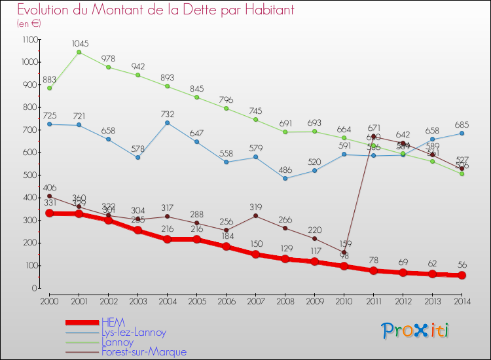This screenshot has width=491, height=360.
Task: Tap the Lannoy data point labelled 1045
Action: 79,52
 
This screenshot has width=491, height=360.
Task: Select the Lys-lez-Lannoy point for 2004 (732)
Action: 167,122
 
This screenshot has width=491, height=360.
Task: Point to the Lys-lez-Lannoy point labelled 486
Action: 285,178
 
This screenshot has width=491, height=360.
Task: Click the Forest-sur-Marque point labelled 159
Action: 344,252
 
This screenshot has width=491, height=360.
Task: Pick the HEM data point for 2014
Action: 462,276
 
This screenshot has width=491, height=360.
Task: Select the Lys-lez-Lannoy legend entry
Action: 134,333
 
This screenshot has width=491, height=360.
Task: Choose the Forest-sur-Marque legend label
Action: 143,352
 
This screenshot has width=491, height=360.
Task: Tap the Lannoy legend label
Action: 117,342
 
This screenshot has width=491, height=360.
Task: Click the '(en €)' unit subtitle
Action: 29,24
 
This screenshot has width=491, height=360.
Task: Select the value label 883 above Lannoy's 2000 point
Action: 49,80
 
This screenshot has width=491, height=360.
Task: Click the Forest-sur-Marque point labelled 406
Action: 49,196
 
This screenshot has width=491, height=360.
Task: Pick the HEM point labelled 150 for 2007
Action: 255,255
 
